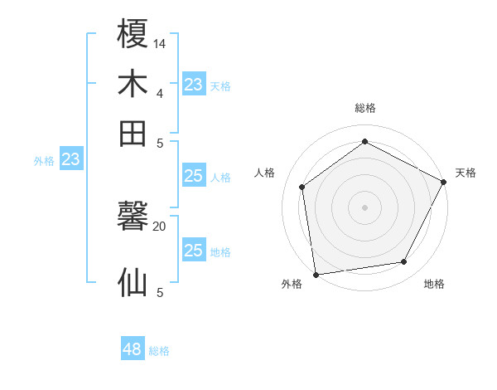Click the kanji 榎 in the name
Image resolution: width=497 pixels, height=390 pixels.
[x=133, y=35]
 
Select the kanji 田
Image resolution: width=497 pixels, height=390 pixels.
[x=133, y=133]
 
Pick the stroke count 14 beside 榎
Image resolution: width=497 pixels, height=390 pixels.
[x=160, y=43]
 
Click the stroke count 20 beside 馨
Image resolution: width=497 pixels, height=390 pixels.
[x=160, y=226]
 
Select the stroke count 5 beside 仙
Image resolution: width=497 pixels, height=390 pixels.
[x=160, y=292]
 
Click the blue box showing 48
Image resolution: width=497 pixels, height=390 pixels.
[x=132, y=349]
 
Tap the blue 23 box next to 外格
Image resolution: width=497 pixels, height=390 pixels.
[x=71, y=159]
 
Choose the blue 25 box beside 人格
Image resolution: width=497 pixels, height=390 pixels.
[x=193, y=176]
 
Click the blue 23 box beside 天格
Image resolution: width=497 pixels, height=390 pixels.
[x=193, y=85]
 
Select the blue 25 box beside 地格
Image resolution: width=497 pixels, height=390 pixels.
[x=193, y=251]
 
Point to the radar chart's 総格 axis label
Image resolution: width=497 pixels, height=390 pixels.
[x=365, y=108]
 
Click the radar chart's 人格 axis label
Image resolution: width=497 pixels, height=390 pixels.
[x=265, y=173]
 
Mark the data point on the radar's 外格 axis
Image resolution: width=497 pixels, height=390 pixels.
[x=316, y=274]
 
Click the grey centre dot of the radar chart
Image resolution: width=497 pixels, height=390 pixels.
[x=365, y=207]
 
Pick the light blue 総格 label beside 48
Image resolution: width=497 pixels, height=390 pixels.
[x=159, y=351]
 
